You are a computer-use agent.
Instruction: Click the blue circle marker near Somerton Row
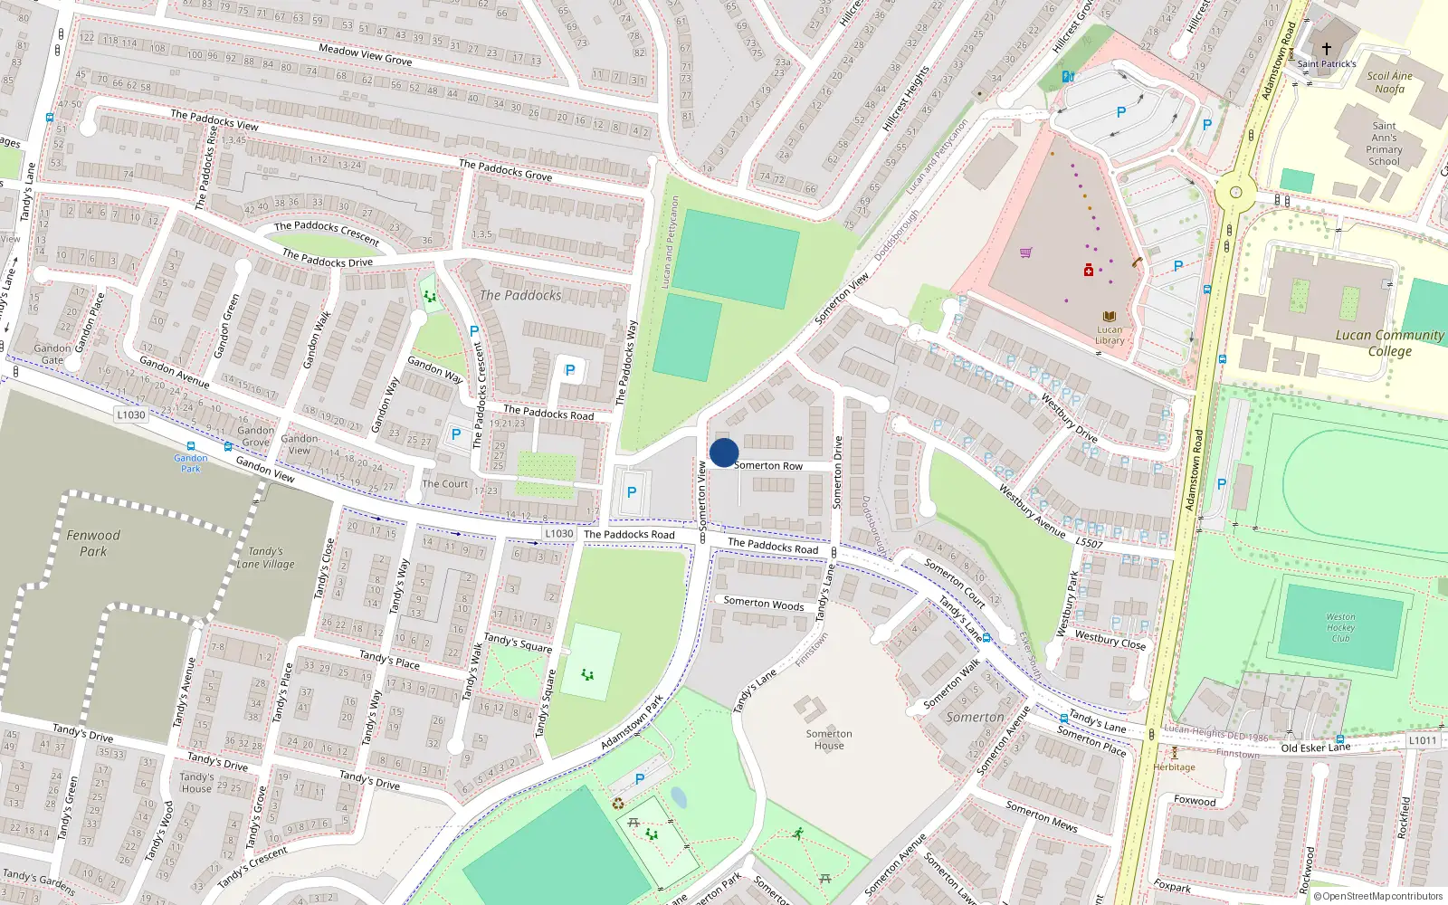724,452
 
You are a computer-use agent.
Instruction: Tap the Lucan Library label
1110,335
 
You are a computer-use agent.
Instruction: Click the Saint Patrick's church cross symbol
1327,49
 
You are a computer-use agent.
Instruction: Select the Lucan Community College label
1389,342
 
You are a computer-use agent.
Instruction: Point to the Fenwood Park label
92,543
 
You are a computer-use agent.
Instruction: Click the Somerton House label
829,739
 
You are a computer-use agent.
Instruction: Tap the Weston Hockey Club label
1340,627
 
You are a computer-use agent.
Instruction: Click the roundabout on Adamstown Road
1235,192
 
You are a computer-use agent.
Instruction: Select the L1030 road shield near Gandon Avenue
131,414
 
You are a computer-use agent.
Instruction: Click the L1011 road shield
1423,740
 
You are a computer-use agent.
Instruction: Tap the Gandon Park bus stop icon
190,447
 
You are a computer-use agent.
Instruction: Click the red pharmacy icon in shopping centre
1089,270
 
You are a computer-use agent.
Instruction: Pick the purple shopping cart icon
1025,252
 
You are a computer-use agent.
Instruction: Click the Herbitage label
1174,767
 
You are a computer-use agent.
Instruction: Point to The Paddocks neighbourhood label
520,295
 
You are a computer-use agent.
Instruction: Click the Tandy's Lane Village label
265,557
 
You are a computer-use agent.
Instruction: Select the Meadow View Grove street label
365,54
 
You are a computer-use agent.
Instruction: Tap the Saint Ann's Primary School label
1384,144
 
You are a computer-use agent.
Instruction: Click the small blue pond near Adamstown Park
678,797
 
